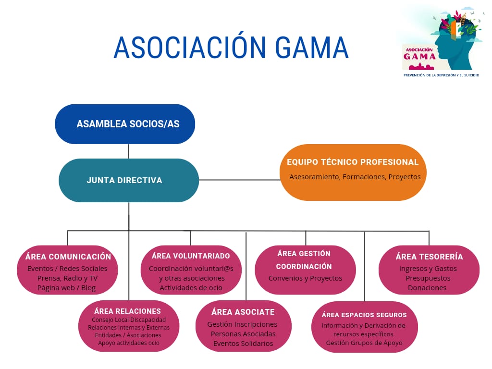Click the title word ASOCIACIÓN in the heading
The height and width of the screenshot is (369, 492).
pyautogui.click(x=190, y=48)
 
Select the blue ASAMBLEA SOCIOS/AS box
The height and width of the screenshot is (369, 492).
pyautogui.click(x=125, y=124)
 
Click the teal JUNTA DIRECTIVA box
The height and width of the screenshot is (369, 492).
pyautogui.click(x=128, y=180)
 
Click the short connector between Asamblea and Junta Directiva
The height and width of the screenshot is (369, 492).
pyautogui.click(x=128, y=151)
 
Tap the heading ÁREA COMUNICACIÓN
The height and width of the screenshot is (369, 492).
pyautogui.click(x=68, y=257)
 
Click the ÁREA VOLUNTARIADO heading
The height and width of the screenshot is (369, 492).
pyautogui.click(x=191, y=256)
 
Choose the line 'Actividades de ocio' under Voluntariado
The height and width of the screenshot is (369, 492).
pyautogui.click(x=191, y=288)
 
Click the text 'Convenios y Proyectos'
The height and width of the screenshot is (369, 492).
pyautogui.click(x=305, y=278)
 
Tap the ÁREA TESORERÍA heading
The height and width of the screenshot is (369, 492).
pyautogui.click(x=429, y=257)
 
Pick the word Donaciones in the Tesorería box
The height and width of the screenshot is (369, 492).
pyautogui.click(x=427, y=288)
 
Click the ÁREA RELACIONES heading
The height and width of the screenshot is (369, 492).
pyautogui.click(x=128, y=311)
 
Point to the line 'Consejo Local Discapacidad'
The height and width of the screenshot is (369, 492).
pyautogui.click(x=129, y=320)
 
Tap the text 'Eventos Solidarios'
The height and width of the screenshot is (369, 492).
pyautogui.click(x=243, y=344)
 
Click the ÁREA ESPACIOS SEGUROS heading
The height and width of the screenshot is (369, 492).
pyautogui.click(x=364, y=315)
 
